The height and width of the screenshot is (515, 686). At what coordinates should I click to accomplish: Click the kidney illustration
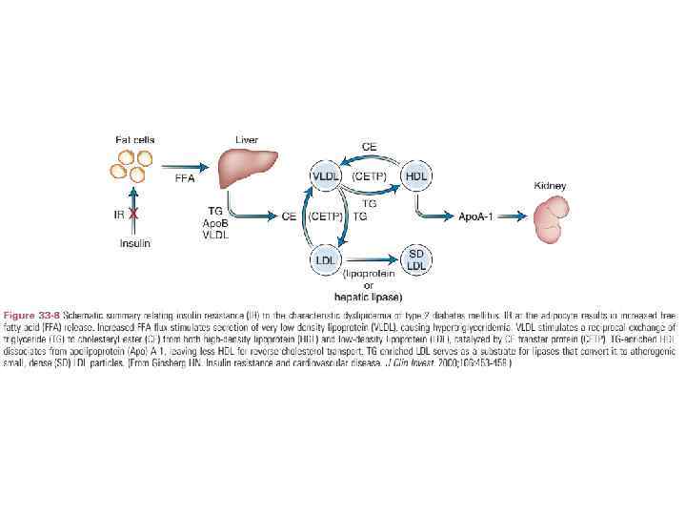pos(550,221)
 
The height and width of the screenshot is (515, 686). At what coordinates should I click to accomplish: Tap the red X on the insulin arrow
pos(133,215)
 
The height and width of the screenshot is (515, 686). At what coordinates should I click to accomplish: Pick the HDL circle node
pos(416,176)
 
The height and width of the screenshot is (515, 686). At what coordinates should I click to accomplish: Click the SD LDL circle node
pos(416,258)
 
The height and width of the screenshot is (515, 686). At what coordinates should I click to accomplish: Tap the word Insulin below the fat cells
pos(134,243)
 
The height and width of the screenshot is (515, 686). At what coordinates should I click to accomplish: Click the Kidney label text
pos(551,185)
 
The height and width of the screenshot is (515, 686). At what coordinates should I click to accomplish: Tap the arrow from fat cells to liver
pos(187,166)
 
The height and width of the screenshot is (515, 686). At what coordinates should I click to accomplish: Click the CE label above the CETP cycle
pos(370,147)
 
